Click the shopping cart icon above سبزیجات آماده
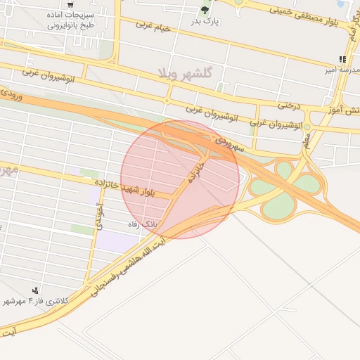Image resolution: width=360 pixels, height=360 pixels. [71, 4]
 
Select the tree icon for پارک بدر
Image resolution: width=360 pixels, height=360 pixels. [205, 10]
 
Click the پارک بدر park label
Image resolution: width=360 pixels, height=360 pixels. [205, 21]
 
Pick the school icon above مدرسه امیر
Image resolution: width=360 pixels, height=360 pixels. [342, 60]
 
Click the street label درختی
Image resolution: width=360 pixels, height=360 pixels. [288, 105]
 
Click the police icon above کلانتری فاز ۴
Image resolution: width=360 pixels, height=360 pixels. [35, 290]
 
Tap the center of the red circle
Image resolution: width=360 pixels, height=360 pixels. [180, 179]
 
